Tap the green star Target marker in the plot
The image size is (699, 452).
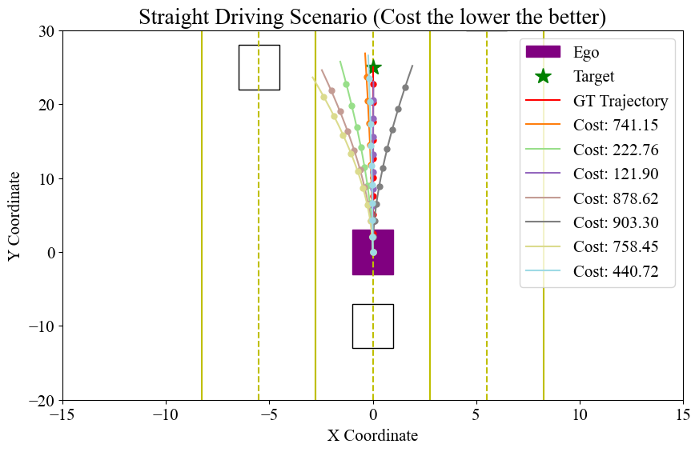pyautogui.click(x=373, y=67)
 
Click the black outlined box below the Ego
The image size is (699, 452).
pyautogui.click(x=372, y=326)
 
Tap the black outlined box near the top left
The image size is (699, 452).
pyautogui.click(x=259, y=67)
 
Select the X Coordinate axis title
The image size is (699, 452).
pyautogui.click(x=372, y=436)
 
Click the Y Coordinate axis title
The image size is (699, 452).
pyautogui.click(x=18, y=215)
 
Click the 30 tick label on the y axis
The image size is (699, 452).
pyautogui.click(x=45, y=31)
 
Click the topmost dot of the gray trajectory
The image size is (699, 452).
pyautogui.click(x=405, y=88)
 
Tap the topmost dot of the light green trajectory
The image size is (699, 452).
pyautogui.click(x=346, y=84)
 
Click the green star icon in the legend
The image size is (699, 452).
pyautogui.click(x=543, y=77)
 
